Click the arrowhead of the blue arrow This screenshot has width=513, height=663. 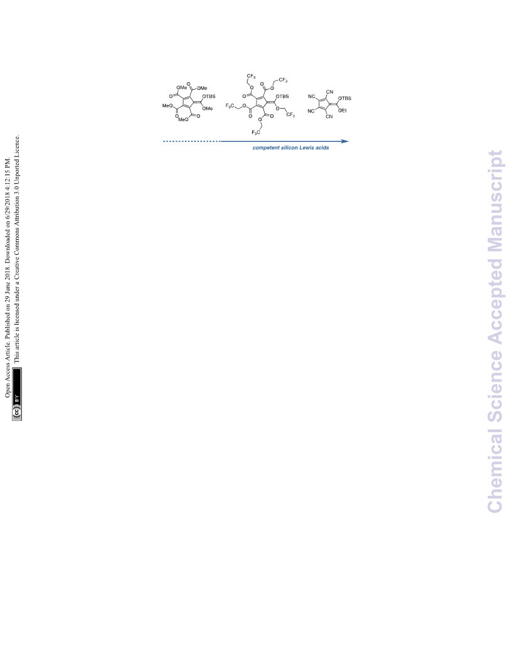click(345, 141)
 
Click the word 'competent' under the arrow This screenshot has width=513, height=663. click(266, 148)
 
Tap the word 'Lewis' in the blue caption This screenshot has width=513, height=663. click(306, 148)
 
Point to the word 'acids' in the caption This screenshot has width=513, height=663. click(322, 148)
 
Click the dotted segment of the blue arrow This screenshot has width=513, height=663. click(192, 141)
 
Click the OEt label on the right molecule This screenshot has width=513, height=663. click(343, 110)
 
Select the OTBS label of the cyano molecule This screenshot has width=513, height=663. click(345, 98)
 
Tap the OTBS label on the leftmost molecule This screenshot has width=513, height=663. click(209, 97)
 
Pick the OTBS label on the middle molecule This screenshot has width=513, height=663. click(282, 97)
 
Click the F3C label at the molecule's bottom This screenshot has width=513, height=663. click(256, 132)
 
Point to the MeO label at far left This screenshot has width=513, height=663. click(167, 105)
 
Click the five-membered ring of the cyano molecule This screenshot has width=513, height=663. click(323, 104)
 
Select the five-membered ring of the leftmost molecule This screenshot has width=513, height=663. click(187, 102)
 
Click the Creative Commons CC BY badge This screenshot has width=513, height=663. click(17, 394)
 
